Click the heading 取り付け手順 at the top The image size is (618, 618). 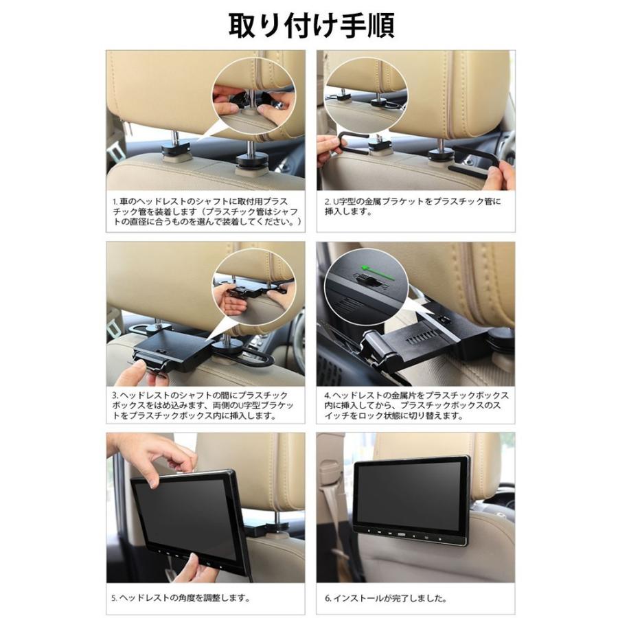pos(310,25)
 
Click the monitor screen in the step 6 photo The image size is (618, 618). pos(410,494)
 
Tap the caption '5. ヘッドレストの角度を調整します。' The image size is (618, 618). pos(180,597)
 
